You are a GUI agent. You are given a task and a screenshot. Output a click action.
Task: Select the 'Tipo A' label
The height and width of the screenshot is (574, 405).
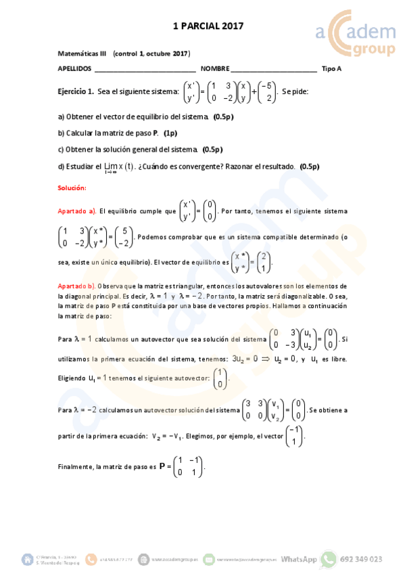pos(331,69)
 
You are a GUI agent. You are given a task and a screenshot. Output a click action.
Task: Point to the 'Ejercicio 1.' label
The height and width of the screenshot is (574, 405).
pos(76,91)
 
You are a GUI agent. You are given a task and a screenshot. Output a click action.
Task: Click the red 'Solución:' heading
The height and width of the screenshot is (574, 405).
pos(72,187)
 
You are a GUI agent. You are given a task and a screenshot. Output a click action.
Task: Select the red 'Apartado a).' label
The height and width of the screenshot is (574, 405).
pos(77,211)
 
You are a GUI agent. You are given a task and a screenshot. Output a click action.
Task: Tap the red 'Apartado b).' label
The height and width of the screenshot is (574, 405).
pos(77,286)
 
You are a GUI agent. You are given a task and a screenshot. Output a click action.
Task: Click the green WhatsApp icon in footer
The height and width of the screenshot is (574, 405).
pos(329,559)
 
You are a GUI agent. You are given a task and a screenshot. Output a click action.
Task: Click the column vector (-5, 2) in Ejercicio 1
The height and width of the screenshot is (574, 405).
pos(267,91)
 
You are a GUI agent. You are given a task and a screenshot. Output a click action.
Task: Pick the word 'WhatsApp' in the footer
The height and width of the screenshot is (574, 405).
pos(299,560)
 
